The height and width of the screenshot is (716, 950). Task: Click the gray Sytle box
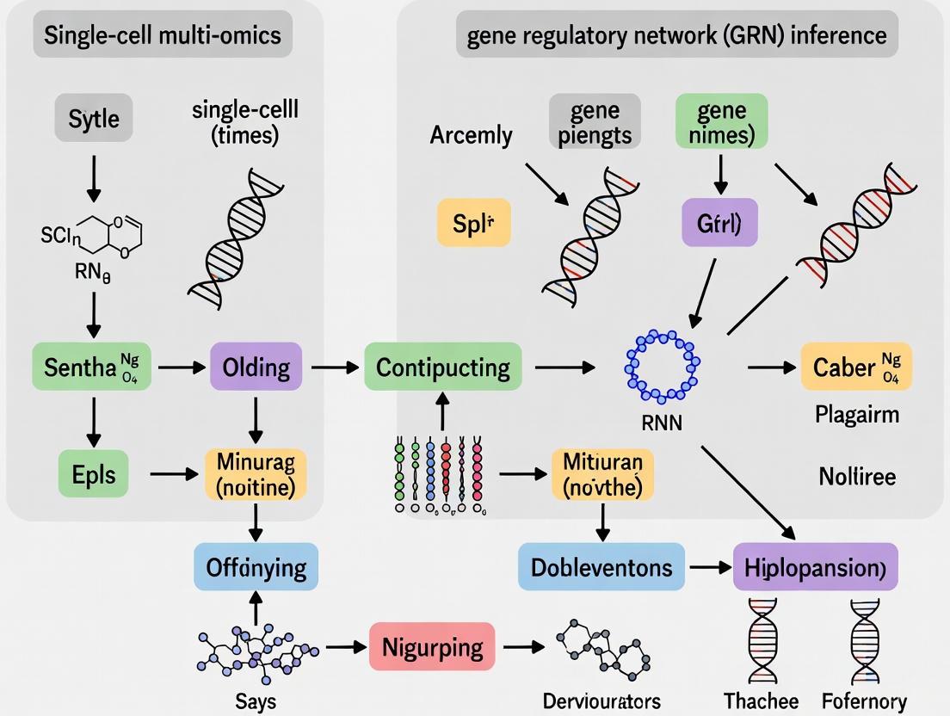95,118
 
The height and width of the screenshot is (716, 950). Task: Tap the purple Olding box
256,368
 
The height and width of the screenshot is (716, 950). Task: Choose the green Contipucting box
443,368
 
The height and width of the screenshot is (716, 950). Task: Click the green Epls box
93,472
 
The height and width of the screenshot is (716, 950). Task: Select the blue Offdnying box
256,567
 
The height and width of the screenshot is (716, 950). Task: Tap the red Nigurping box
432,645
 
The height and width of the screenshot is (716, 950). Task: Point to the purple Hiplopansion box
815,567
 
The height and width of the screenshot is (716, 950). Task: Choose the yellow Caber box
855,367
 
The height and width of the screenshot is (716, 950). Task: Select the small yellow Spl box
474,224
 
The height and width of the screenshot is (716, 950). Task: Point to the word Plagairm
856,415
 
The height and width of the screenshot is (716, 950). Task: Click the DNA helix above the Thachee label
762,641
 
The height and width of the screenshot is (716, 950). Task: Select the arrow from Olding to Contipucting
334,368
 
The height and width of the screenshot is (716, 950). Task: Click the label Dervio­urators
601,701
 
